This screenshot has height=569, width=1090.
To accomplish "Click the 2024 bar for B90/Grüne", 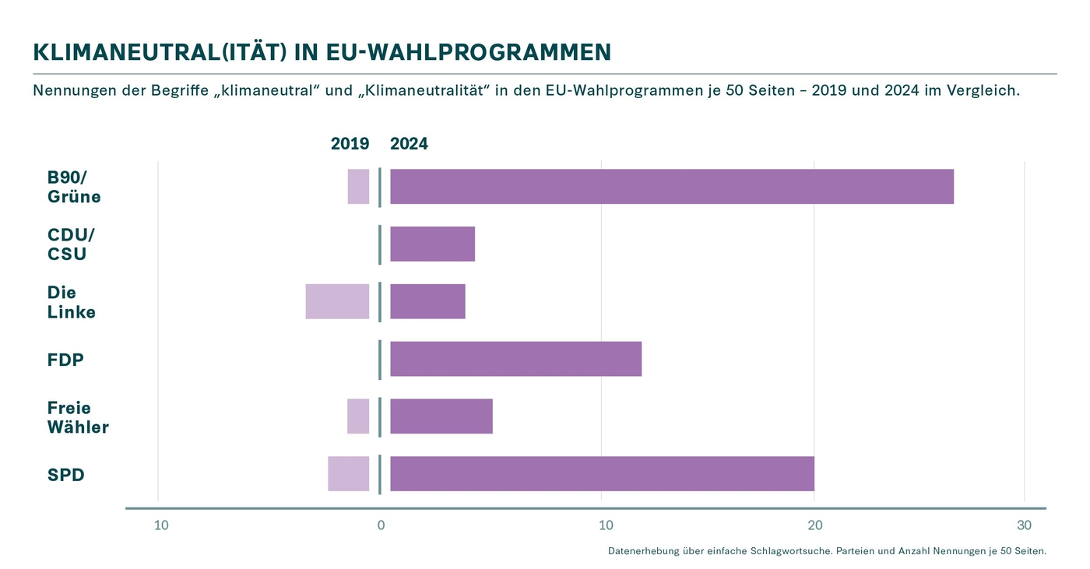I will (x=671, y=187).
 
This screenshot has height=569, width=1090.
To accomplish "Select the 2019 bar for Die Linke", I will (x=337, y=301).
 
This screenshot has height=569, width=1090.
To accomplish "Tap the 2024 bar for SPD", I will (x=602, y=473).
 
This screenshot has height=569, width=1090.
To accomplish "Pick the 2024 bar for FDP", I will (x=515, y=359).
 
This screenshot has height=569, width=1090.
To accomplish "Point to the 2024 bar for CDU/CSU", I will (x=432, y=244).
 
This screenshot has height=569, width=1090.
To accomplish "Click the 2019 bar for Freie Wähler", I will (x=358, y=416).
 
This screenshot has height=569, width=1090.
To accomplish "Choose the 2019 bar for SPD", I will (x=348, y=473).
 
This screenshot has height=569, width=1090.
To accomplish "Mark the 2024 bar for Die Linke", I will (x=427, y=301).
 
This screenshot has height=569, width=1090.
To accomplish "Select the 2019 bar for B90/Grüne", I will (x=358, y=187).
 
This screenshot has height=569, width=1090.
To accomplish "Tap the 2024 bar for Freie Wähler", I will (x=441, y=416).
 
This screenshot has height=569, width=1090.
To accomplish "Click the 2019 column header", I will (x=350, y=144).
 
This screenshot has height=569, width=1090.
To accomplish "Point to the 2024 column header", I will (x=409, y=144).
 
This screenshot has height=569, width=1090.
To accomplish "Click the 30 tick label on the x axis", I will (x=1024, y=525).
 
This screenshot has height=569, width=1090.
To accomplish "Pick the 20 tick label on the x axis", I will (x=814, y=525).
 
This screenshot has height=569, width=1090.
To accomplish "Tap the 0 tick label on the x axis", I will (x=381, y=525).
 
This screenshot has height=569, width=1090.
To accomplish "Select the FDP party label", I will (x=65, y=360).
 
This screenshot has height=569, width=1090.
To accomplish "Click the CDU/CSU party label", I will (x=71, y=244).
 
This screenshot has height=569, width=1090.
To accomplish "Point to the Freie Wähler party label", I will (x=78, y=417).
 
